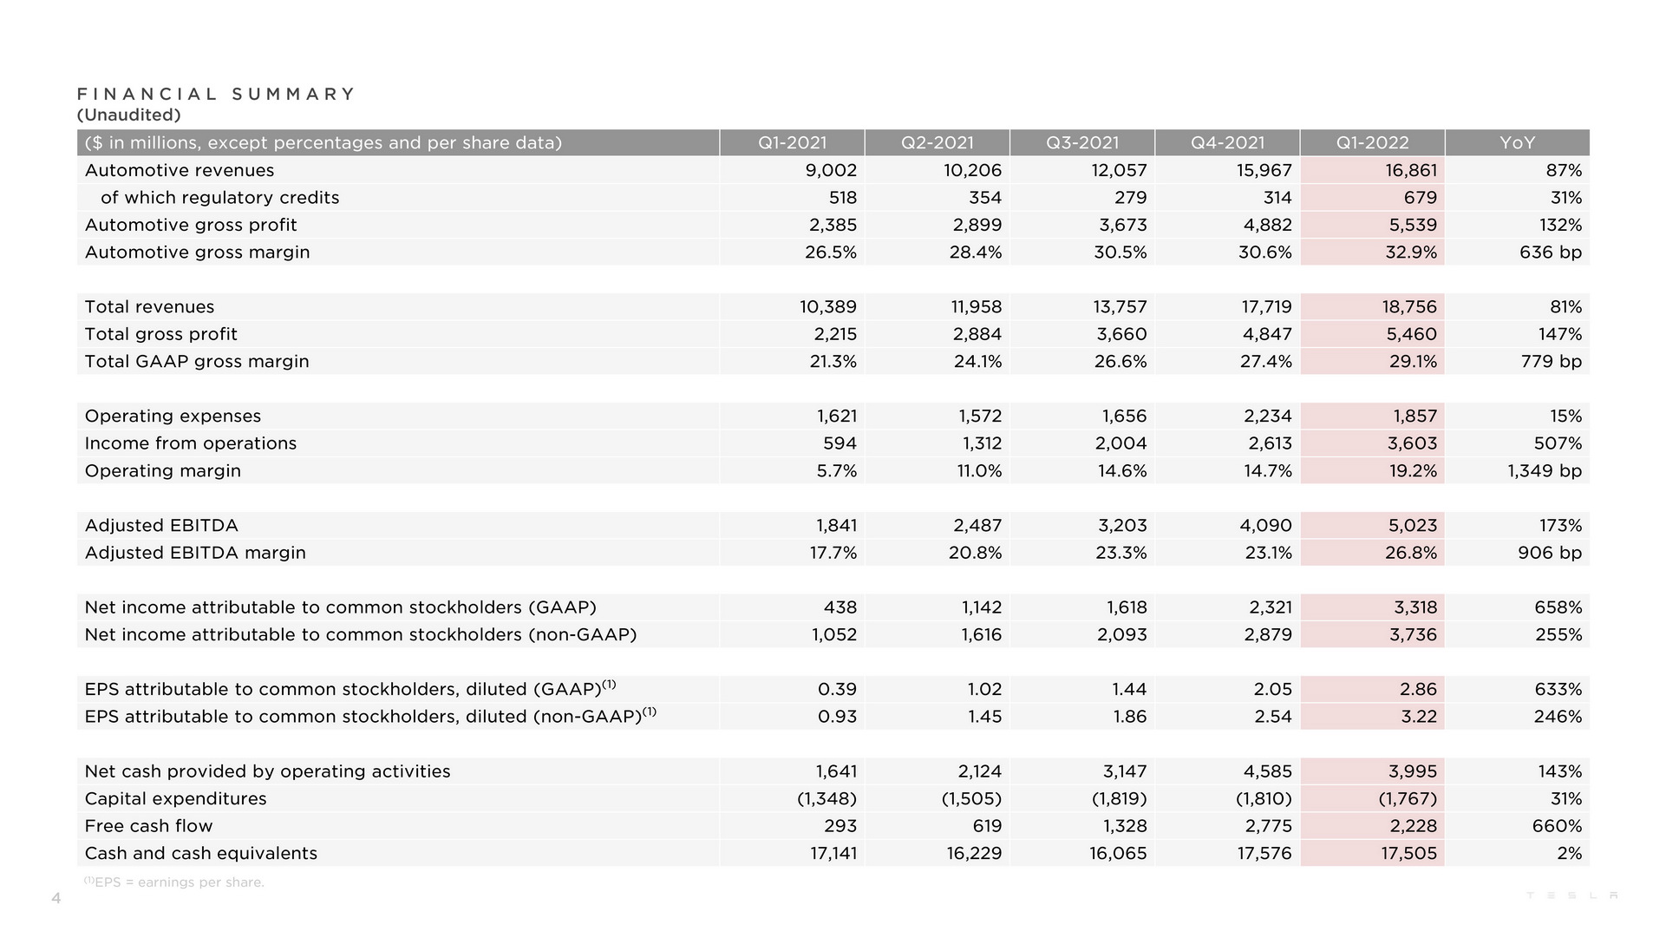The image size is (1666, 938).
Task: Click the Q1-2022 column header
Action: pyautogui.click(x=1372, y=143)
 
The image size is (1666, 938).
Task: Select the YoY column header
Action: pyautogui.click(x=1517, y=143)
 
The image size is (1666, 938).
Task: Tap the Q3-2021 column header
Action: pyautogui.click(x=1081, y=143)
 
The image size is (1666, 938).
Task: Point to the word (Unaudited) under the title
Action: pyautogui.click(x=128, y=115)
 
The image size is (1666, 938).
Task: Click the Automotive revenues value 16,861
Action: pyautogui.click(x=1410, y=171)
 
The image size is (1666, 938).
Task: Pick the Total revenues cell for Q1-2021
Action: pyautogui.click(x=827, y=307)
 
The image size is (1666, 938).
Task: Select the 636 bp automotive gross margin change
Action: pyautogui.click(x=1550, y=253)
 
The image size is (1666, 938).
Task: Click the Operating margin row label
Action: pyautogui.click(x=163, y=471)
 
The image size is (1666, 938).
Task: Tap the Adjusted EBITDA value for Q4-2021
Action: pyautogui.click(x=1265, y=526)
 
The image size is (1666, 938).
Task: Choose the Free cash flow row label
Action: pyautogui.click(x=148, y=826)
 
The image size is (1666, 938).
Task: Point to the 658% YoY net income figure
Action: pyautogui.click(x=1558, y=607)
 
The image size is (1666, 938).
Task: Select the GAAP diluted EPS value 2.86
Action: pyautogui.click(x=1418, y=690)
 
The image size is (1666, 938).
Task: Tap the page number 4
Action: pyautogui.click(x=56, y=899)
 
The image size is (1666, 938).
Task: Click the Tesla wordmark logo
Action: pyautogui.click(x=1571, y=895)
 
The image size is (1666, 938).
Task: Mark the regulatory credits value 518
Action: pyautogui.click(x=842, y=198)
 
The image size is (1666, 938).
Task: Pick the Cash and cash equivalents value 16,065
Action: pyautogui.click(x=1118, y=854)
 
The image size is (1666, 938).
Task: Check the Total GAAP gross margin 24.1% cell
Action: pyautogui.click(x=977, y=362)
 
